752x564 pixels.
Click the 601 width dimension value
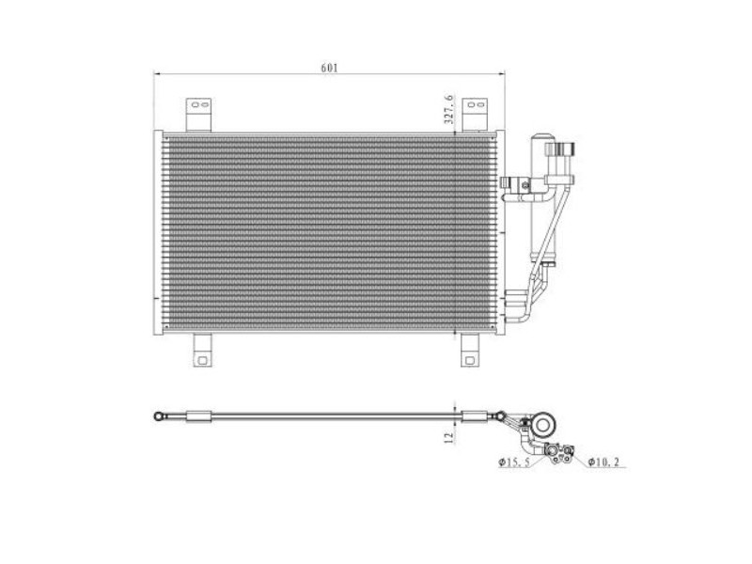pos(329,67)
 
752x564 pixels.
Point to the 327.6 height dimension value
pos(449,109)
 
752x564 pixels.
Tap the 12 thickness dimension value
pos(449,436)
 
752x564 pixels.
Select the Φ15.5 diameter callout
pos(515,462)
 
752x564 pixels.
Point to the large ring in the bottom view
pos(542,426)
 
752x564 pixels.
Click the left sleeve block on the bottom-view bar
pos(200,415)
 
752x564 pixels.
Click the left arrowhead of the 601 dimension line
pos(158,74)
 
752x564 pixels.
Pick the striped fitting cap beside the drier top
pos(566,150)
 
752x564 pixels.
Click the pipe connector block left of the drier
pos(515,187)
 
